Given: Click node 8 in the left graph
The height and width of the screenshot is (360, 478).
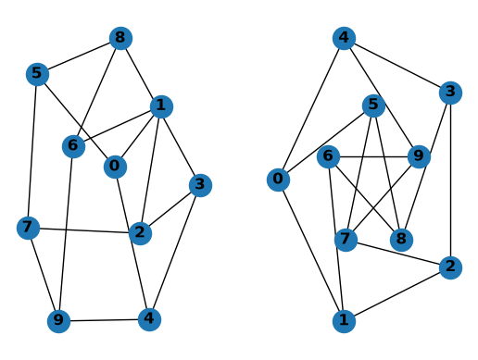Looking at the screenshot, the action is tap(120, 38).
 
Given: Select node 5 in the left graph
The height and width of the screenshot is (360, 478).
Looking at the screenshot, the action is tap(37, 74).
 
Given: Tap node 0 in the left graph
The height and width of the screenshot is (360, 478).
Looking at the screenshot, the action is tap(115, 167).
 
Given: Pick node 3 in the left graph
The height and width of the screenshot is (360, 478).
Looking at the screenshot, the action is tap(200, 185).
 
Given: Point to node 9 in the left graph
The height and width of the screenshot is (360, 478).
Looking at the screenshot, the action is tap(58, 321).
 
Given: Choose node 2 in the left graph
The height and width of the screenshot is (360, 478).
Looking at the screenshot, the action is tap(140, 233).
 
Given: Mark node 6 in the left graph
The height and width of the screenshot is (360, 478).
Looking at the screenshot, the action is tap(73, 146).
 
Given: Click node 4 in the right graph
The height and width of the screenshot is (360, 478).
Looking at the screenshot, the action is tap(344, 38).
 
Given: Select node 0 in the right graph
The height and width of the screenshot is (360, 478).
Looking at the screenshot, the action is tap(278, 180).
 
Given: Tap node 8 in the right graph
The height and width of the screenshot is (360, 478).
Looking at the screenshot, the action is tap(401, 240).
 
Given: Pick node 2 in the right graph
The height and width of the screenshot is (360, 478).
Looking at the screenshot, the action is tap(450, 267).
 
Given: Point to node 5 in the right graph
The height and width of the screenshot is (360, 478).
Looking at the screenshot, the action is tap(373, 106).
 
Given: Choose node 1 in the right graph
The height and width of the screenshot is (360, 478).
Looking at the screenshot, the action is tap(344, 321).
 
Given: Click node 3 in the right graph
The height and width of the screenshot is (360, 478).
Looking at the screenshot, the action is tap(450, 93).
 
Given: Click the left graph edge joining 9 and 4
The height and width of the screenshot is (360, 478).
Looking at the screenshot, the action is tap(104, 320).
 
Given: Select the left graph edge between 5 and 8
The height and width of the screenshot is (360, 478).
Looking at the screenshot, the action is tap(79, 56).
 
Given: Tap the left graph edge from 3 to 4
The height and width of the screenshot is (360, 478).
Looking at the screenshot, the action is tap(175, 252).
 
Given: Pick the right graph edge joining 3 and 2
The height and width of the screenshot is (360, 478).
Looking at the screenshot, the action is tap(450, 180).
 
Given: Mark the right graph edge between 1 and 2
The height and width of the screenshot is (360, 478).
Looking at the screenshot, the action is tap(397, 294).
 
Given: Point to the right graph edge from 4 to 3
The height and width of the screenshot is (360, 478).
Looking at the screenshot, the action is tap(397, 66).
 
